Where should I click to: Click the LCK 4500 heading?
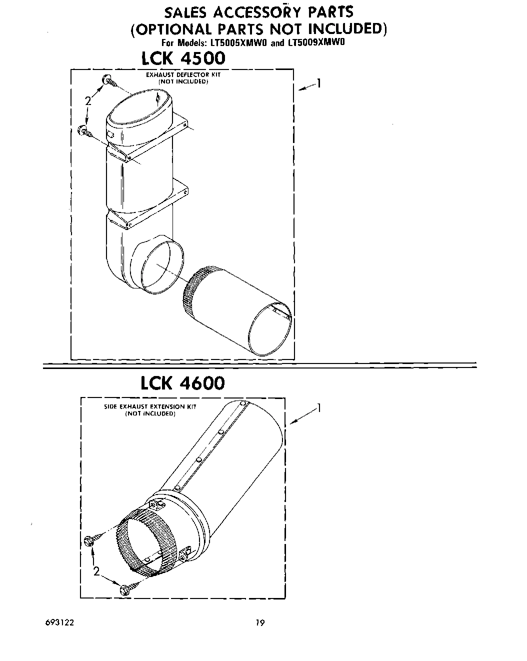pyautogui.click(x=183, y=58)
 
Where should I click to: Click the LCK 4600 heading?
pyautogui.click(x=182, y=383)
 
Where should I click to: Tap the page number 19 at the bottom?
pyautogui.click(x=259, y=622)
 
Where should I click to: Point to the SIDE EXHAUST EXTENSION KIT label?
pyautogui.click(x=150, y=406)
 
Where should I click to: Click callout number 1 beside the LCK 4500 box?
pyautogui.click(x=318, y=83)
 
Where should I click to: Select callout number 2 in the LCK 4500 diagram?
pyautogui.click(x=88, y=101)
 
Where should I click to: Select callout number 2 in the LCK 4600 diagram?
pyautogui.click(x=96, y=571)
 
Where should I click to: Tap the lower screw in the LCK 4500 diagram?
pyautogui.click(x=85, y=131)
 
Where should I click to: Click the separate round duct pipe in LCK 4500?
pyautogui.click(x=237, y=310)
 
